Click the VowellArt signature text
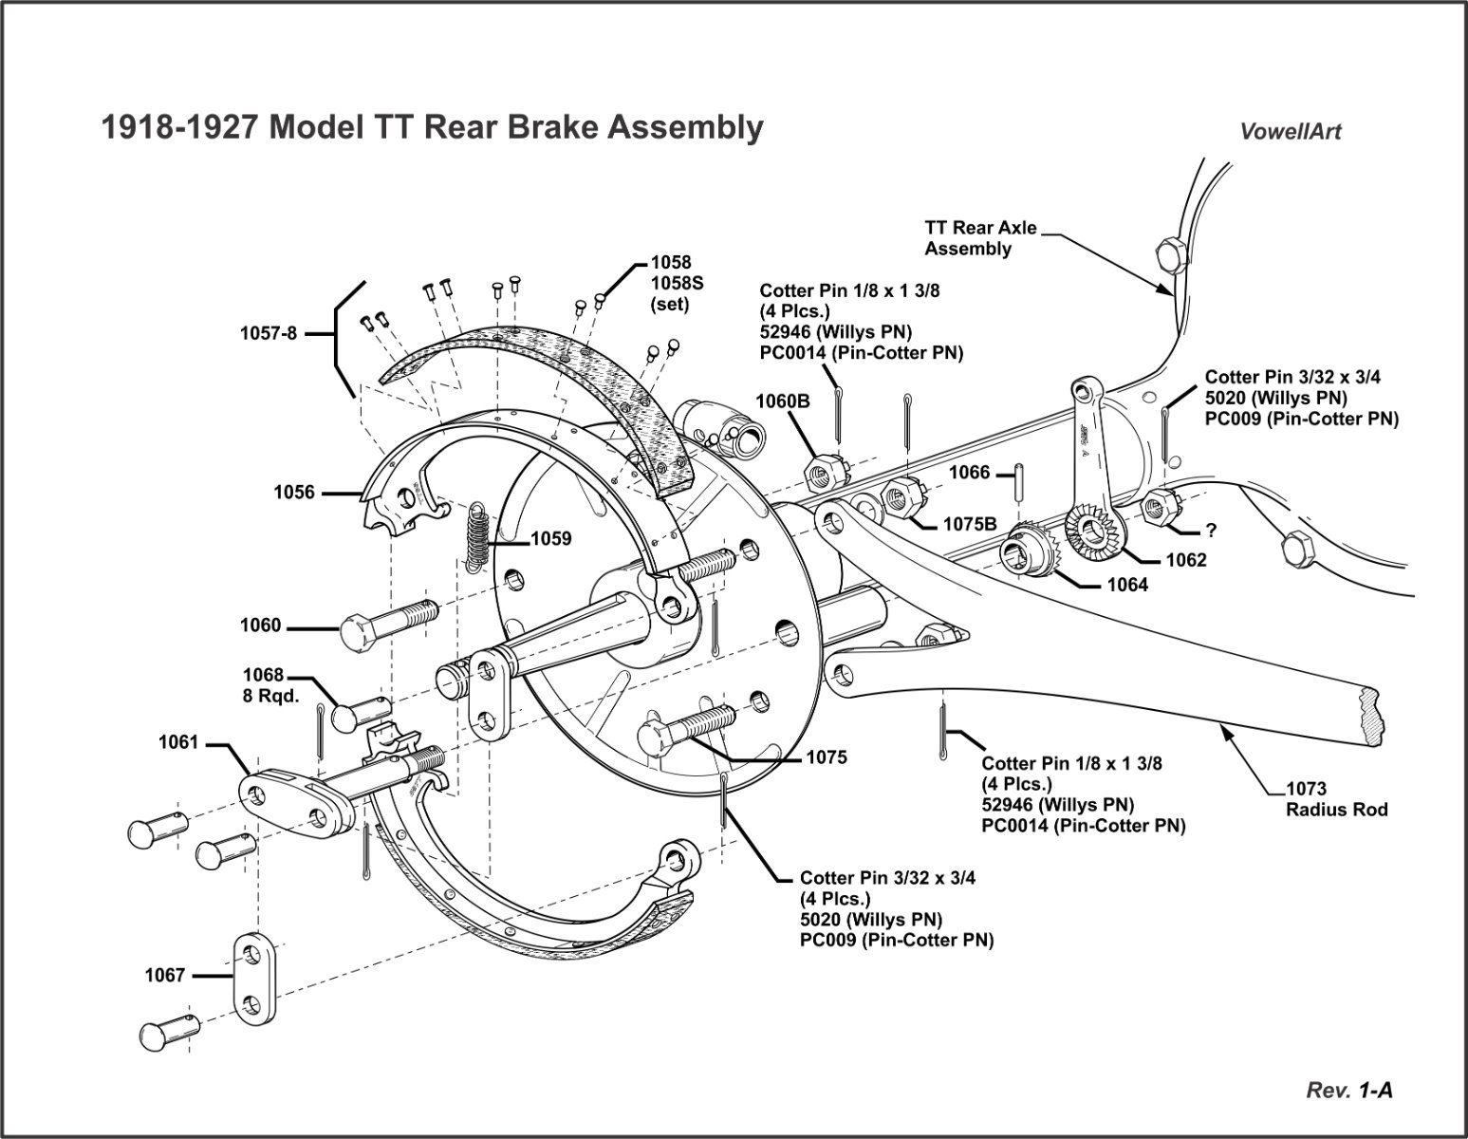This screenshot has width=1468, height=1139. tap(1291, 132)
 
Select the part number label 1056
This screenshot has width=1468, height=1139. tap(294, 493)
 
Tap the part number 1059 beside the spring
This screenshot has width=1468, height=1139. tap(551, 539)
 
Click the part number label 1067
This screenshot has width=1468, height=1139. tap(165, 975)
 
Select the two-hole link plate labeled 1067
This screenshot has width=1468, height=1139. tap(254, 979)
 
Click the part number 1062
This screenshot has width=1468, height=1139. tap(1186, 560)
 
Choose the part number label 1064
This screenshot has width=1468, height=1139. tap(1127, 585)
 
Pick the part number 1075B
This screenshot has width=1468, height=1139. tap(970, 524)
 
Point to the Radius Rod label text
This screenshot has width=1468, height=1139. tap(1336, 810)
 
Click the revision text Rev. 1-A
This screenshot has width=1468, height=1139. tap(1349, 1091)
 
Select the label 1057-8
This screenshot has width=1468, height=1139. tap(268, 333)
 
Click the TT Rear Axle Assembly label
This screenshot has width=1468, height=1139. tap(980, 238)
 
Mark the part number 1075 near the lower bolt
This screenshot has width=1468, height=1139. tap(827, 757)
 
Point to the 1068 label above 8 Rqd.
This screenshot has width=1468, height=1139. tap(263, 675)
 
